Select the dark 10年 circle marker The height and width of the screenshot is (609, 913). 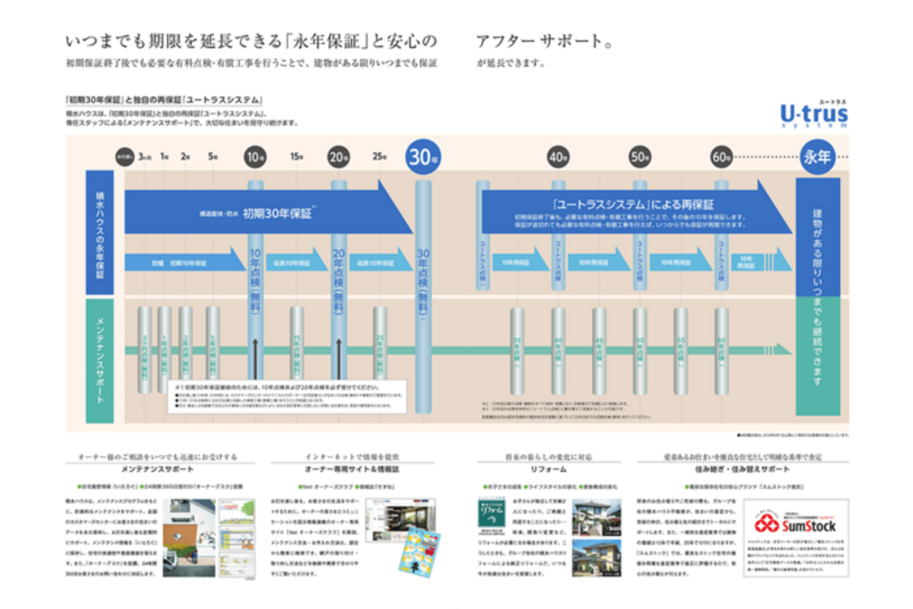(x=255, y=158)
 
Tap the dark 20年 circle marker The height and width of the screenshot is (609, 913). (x=337, y=158)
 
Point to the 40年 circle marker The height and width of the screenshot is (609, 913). (x=558, y=158)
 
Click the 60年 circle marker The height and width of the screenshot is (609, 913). (x=721, y=158)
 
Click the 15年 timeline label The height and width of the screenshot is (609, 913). (x=297, y=158)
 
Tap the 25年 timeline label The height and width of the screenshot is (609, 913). (x=379, y=158)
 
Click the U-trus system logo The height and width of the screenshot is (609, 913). (x=813, y=114)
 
